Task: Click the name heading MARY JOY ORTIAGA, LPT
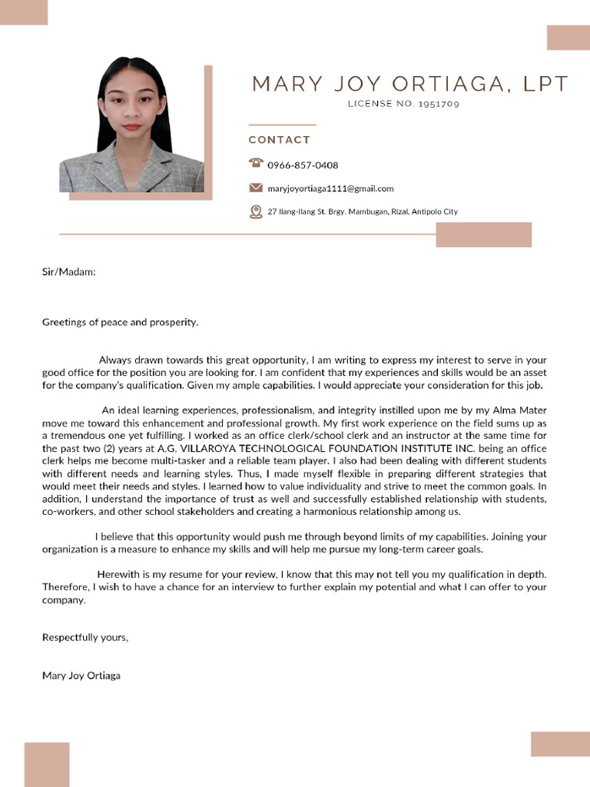410,84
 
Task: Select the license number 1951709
439,104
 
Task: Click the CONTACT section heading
280,140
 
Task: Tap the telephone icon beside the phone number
256,163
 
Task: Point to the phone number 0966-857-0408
303,165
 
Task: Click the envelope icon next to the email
256,188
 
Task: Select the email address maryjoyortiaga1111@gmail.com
330,188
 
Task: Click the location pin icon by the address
256,211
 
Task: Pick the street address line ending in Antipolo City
362,211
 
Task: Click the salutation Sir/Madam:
68,271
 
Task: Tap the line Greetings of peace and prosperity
120,322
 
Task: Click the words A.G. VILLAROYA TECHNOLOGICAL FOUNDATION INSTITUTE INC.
317,448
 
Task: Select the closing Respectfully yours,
85,637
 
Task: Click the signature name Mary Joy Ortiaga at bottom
81,676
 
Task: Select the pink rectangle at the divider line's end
483,234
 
